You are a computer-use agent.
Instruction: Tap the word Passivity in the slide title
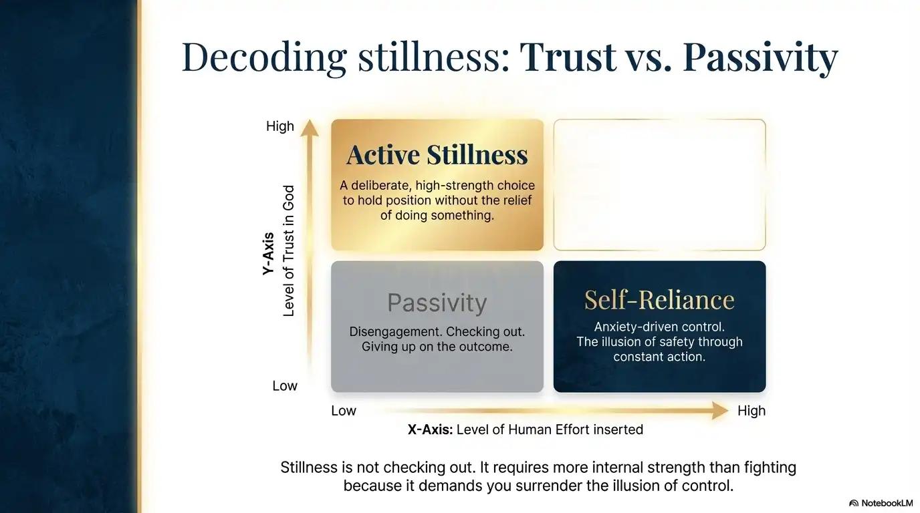pos(760,57)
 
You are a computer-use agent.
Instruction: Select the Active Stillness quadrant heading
pos(437,155)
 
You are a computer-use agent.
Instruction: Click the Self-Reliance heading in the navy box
pos(659,300)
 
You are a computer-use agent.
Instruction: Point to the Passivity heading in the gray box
pos(437,303)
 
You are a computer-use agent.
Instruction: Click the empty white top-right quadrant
pos(659,185)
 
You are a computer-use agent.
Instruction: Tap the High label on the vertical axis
pos(280,126)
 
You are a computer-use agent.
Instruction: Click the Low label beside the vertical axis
pos(285,386)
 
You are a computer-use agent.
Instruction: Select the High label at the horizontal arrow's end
pos(752,411)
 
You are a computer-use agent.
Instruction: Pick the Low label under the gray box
pos(344,411)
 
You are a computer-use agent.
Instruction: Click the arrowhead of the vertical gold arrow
pos(309,127)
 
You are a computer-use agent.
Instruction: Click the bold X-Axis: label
pos(431,430)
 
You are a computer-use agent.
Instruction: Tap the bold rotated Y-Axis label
pos(268,254)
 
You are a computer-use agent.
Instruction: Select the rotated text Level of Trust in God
pos(289,251)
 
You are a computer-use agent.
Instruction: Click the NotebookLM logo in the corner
pos(881,502)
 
